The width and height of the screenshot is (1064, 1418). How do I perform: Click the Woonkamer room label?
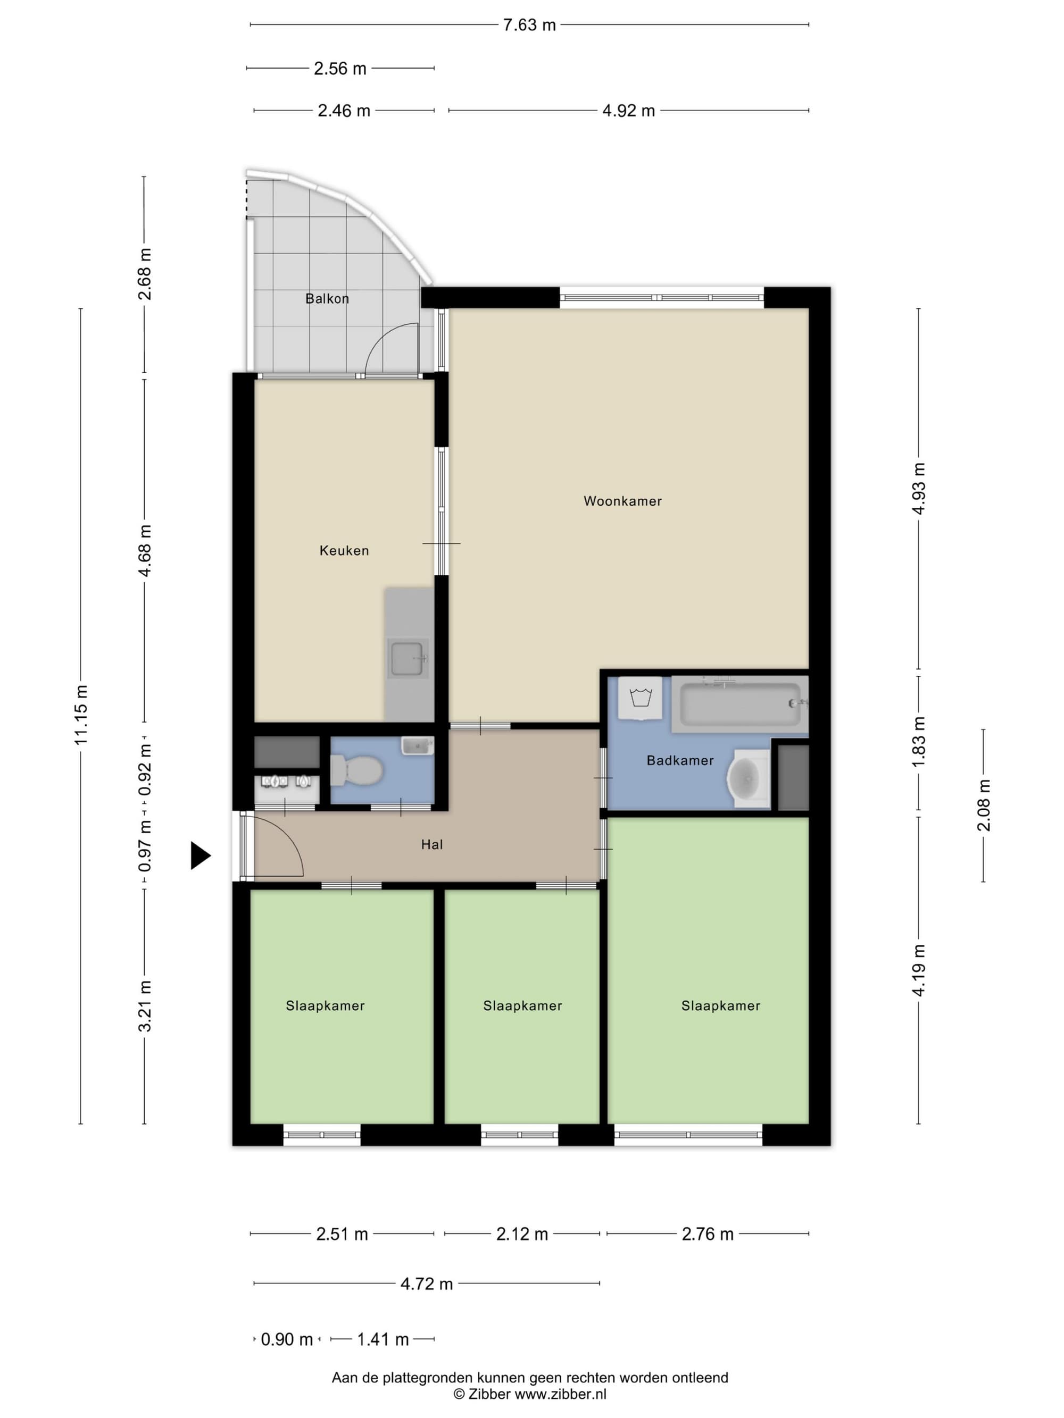(622, 501)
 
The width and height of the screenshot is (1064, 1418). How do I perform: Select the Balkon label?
(327, 299)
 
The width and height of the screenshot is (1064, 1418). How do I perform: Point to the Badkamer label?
(680, 761)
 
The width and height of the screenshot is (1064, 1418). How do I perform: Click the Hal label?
(431, 845)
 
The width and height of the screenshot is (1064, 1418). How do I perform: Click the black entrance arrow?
(201, 855)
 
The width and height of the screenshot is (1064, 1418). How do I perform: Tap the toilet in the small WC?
(356, 770)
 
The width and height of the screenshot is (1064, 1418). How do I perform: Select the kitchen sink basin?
(406, 658)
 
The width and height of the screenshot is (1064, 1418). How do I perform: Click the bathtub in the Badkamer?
(739, 704)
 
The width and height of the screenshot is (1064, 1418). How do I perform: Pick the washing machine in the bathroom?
(640, 698)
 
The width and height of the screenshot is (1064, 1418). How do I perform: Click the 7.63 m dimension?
(529, 25)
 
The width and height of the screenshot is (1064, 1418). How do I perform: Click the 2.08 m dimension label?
(983, 805)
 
